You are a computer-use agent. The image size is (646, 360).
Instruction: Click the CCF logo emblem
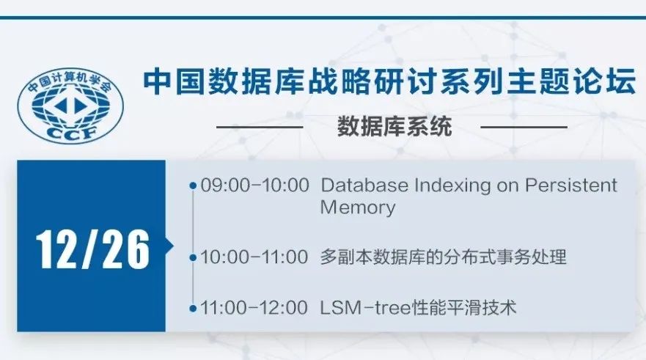click(70, 106)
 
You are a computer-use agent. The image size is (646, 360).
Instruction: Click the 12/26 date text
click(92, 249)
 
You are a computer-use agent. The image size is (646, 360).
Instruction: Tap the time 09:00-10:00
click(254, 185)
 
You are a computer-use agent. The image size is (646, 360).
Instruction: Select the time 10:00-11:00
click(254, 257)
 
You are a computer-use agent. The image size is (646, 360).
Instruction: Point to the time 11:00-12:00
click(254, 308)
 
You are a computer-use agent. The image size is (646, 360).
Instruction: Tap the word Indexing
click(452, 186)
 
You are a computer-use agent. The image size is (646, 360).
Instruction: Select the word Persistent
click(570, 185)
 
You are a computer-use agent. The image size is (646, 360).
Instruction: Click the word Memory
click(358, 207)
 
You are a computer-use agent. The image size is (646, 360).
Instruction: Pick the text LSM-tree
click(366, 308)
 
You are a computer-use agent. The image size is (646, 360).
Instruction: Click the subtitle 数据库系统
click(394, 126)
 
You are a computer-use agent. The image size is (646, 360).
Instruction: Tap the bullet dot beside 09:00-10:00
click(193, 185)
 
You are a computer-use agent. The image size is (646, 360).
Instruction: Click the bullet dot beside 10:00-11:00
click(193, 257)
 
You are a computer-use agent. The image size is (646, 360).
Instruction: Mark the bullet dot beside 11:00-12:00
click(193, 308)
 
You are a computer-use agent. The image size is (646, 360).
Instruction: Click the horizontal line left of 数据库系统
click(260, 127)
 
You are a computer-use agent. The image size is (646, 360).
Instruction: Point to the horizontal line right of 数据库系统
click(524, 127)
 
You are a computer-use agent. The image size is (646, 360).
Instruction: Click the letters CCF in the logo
click(71, 133)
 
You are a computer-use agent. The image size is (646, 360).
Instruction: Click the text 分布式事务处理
click(487, 257)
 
